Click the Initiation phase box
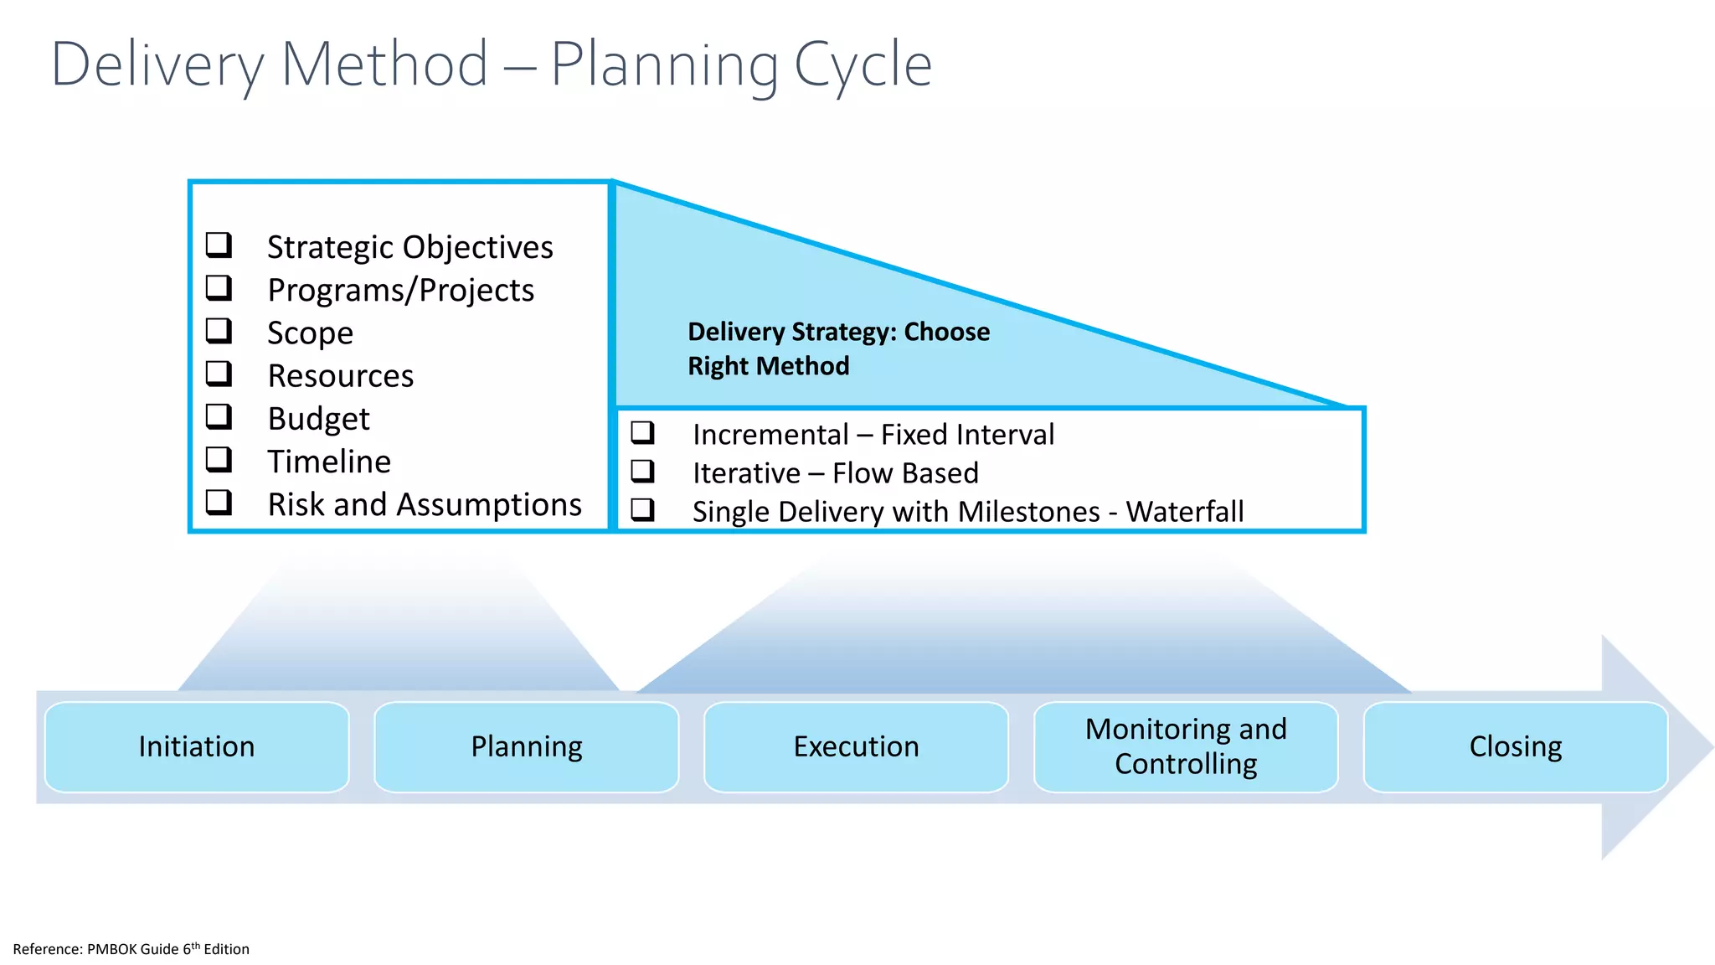click(x=197, y=746)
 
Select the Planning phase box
click(x=526, y=746)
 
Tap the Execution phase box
click(x=856, y=746)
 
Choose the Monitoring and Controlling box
click(x=1186, y=746)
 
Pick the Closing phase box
click(x=1516, y=746)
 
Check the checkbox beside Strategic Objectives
click(x=219, y=245)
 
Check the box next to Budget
click(x=219, y=416)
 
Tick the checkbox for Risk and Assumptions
click(x=219, y=503)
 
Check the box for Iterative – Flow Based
click(x=643, y=472)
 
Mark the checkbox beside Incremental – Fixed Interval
click(x=643, y=433)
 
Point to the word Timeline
click(x=329, y=462)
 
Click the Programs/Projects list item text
click(x=400, y=290)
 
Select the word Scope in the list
click(x=310, y=333)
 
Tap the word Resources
click(x=340, y=376)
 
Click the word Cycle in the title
click(x=863, y=65)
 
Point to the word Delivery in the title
click(x=157, y=65)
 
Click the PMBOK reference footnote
click(x=131, y=949)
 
